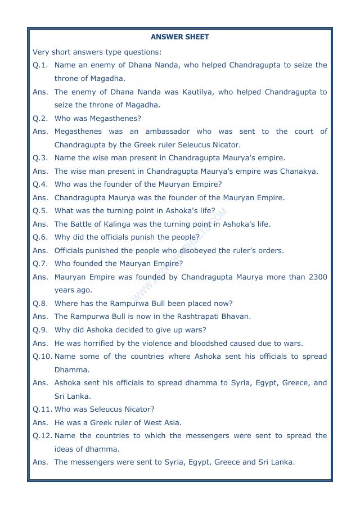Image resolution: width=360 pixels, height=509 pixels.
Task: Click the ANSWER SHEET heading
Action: [179, 37]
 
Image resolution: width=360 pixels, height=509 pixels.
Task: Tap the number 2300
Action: [317, 277]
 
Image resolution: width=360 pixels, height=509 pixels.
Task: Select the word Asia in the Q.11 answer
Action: [173, 423]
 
